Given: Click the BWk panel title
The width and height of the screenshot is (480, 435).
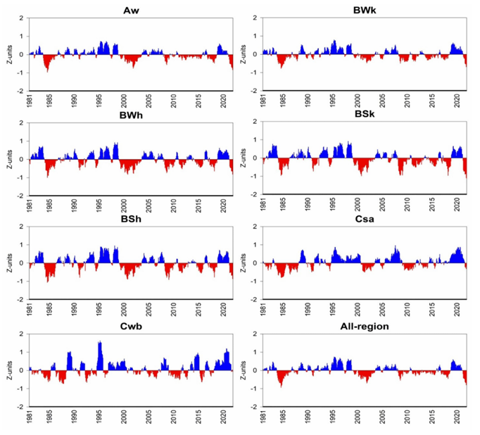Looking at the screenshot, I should click(365, 10).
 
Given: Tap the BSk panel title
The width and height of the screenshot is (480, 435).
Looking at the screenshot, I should click(365, 115).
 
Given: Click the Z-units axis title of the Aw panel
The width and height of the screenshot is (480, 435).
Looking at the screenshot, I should click(7, 55).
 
